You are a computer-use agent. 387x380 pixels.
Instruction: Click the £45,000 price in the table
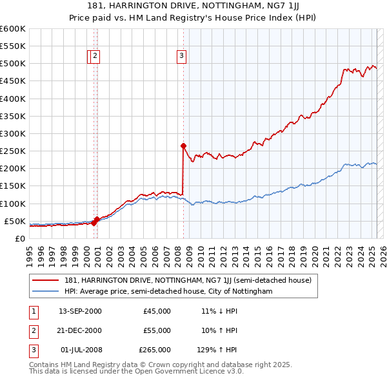tap(157, 311)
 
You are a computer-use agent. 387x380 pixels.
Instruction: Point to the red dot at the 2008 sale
tap(184, 146)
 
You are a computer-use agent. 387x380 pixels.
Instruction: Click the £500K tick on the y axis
tap(13, 64)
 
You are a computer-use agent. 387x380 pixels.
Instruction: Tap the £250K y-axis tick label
tap(13, 151)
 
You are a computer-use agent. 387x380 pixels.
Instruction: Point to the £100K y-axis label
tap(13, 204)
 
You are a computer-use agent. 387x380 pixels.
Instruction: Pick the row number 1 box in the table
tap(32, 311)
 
